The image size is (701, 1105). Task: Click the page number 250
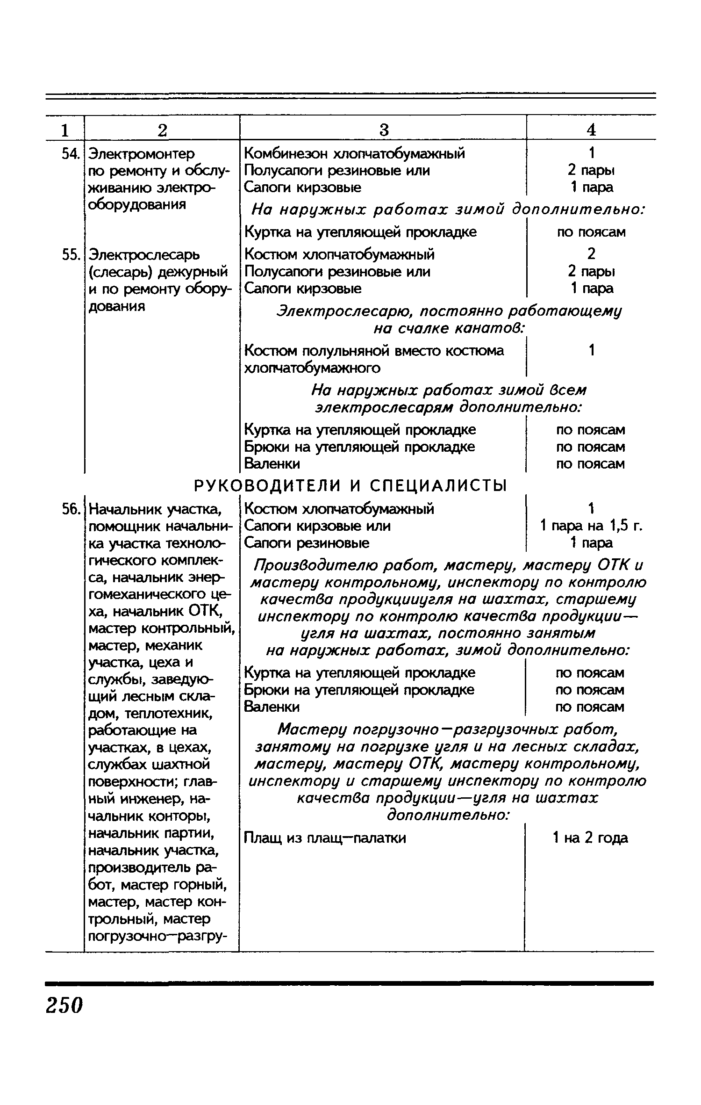coord(64,1004)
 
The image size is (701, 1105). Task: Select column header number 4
coord(591,130)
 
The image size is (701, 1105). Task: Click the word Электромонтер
coord(142,154)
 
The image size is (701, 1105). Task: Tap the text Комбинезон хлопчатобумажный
coord(355,153)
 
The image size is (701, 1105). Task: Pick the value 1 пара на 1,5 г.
coord(591,526)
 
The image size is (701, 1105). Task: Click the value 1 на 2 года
coord(590,838)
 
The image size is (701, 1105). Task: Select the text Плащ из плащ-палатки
coord(325,838)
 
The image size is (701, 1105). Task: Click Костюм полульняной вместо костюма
coord(374,350)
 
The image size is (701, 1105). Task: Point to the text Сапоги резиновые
coord(307,543)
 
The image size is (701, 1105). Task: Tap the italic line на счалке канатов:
coord(450,329)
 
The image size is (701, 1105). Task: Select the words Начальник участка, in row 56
coord(155,509)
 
